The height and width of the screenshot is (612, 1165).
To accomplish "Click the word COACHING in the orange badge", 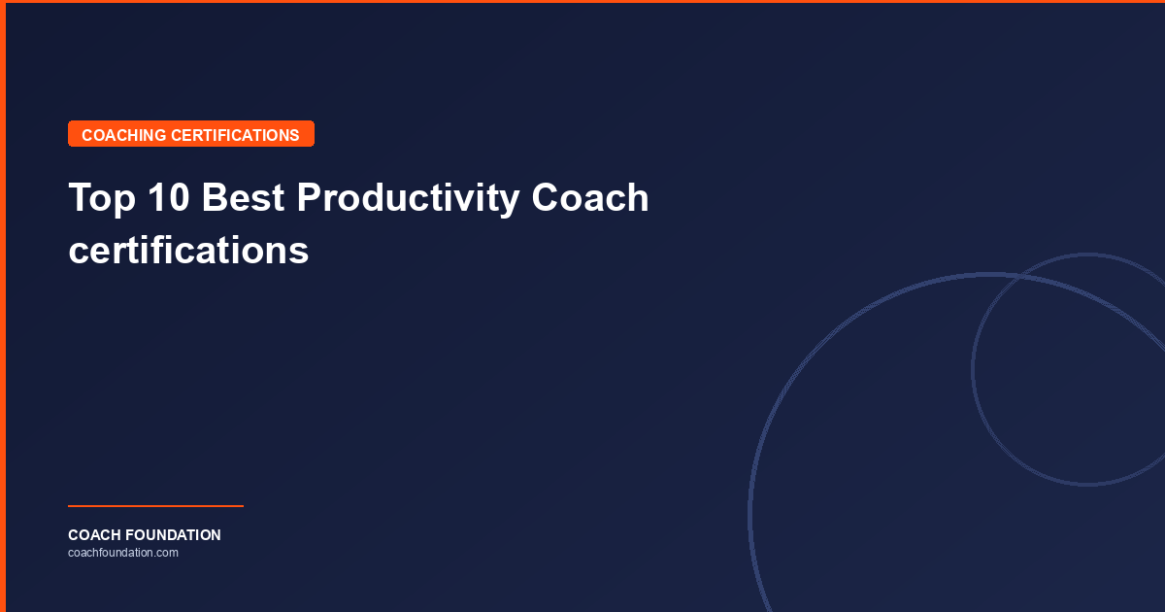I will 124,135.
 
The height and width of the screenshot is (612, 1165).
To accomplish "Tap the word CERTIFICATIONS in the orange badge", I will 235,135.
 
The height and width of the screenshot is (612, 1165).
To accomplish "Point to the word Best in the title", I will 244,198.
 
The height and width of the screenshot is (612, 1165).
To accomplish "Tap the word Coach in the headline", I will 590,198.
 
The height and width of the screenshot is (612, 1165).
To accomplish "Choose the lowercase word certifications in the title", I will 188,251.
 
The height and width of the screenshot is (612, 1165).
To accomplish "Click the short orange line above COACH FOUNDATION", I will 155,505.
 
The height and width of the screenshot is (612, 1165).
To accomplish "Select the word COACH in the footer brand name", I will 93,535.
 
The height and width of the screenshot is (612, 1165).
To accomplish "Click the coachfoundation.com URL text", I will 122,553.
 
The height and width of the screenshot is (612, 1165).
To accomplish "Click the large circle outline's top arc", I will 990,275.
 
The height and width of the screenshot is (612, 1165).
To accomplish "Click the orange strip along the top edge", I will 582,2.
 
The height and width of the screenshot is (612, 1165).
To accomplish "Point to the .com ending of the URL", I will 167,553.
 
